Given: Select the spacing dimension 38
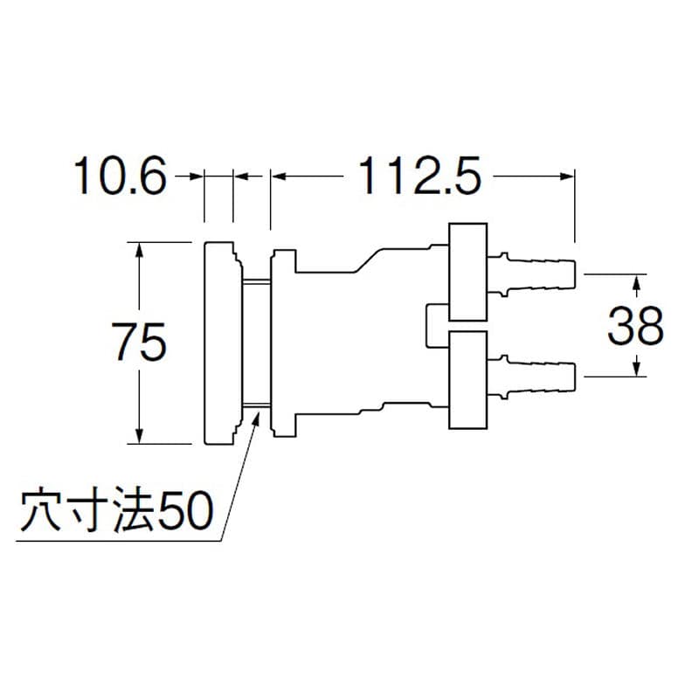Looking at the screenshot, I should click(635, 327).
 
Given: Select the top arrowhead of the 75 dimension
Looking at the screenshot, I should click(138, 249).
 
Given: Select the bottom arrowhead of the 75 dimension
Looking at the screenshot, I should click(138, 436).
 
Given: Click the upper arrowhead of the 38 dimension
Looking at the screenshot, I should click(638, 282).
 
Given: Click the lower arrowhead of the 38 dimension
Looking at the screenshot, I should click(638, 370).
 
